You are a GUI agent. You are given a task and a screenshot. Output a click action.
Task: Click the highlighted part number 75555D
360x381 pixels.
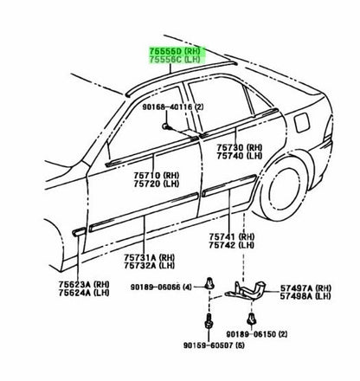pyautogui.click(x=165, y=51)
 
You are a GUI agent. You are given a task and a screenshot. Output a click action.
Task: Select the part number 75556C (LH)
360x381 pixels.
pyautogui.click(x=175, y=60)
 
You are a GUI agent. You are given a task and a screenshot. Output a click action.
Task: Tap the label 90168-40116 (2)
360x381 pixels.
pyautogui.click(x=173, y=107)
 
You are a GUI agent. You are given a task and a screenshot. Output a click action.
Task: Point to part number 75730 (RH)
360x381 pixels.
pyautogui.click(x=240, y=147)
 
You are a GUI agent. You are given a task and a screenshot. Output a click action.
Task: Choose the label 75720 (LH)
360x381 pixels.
pyautogui.click(x=157, y=184)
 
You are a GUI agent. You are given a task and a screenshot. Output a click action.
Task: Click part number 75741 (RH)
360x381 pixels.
pyautogui.click(x=232, y=237)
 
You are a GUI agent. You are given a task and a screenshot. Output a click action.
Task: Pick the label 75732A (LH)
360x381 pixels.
pyautogui.click(x=150, y=265)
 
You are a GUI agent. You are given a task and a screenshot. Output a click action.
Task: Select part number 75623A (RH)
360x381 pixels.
pyautogui.click(x=84, y=284)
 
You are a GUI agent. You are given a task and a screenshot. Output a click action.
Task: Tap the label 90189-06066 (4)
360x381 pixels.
pyautogui.click(x=161, y=287)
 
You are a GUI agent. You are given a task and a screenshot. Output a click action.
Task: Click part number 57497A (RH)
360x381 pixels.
pyautogui.click(x=305, y=288)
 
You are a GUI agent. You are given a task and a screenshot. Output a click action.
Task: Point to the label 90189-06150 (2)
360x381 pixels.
pyautogui.click(x=257, y=334)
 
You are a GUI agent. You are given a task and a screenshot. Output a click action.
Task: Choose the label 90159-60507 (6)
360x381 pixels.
pyautogui.click(x=214, y=345)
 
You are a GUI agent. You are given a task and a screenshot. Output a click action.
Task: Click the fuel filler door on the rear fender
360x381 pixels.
pyautogui.click(x=302, y=123)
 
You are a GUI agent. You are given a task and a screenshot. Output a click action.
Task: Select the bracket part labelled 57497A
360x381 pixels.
pyautogui.click(x=245, y=289)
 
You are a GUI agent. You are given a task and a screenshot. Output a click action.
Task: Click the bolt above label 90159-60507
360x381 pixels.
pyautogui.click(x=209, y=321)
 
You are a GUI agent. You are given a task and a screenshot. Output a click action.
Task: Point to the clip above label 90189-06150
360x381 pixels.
pyautogui.click(x=252, y=319)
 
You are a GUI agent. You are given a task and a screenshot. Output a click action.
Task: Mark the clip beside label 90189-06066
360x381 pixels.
pyautogui.click(x=209, y=283)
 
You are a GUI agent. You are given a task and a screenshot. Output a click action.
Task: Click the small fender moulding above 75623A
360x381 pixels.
pyautogui.click(x=79, y=232)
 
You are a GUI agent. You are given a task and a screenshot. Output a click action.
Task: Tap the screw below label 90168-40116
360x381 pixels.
pyautogui.click(x=166, y=126)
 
